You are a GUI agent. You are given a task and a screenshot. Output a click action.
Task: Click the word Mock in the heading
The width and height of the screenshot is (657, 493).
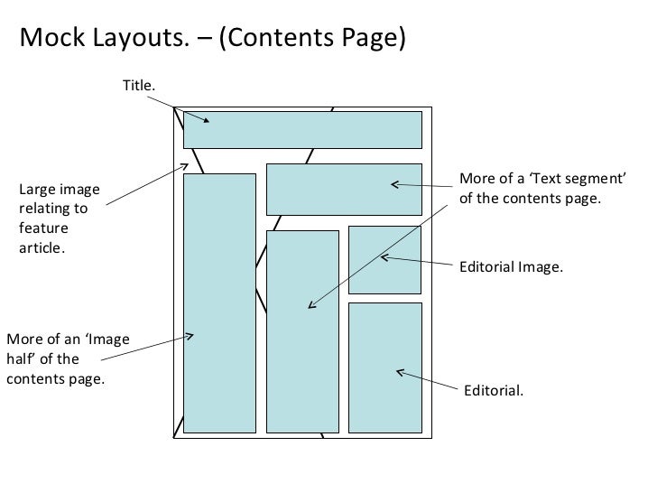(49, 38)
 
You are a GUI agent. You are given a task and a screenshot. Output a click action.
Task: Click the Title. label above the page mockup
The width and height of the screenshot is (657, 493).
(140, 84)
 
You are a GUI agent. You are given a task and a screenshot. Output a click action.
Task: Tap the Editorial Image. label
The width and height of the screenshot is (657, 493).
(511, 268)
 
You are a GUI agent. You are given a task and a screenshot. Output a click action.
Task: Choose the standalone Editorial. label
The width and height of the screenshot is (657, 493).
(493, 390)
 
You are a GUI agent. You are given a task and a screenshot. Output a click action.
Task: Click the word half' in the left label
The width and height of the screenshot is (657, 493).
(25, 358)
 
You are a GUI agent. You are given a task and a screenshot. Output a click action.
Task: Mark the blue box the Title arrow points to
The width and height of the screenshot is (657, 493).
(302, 129)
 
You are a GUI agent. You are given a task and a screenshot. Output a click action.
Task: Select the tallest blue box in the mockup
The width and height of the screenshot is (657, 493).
(219, 302)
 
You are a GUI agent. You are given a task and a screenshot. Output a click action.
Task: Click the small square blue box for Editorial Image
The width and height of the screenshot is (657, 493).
(385, 260)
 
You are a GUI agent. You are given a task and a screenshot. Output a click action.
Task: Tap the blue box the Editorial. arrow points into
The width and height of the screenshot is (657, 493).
(385, 367)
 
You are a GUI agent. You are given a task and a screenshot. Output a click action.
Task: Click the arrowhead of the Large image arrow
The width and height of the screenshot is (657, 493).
(186, 165)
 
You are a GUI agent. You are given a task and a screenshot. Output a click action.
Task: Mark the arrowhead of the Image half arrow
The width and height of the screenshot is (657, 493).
(190, 337)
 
